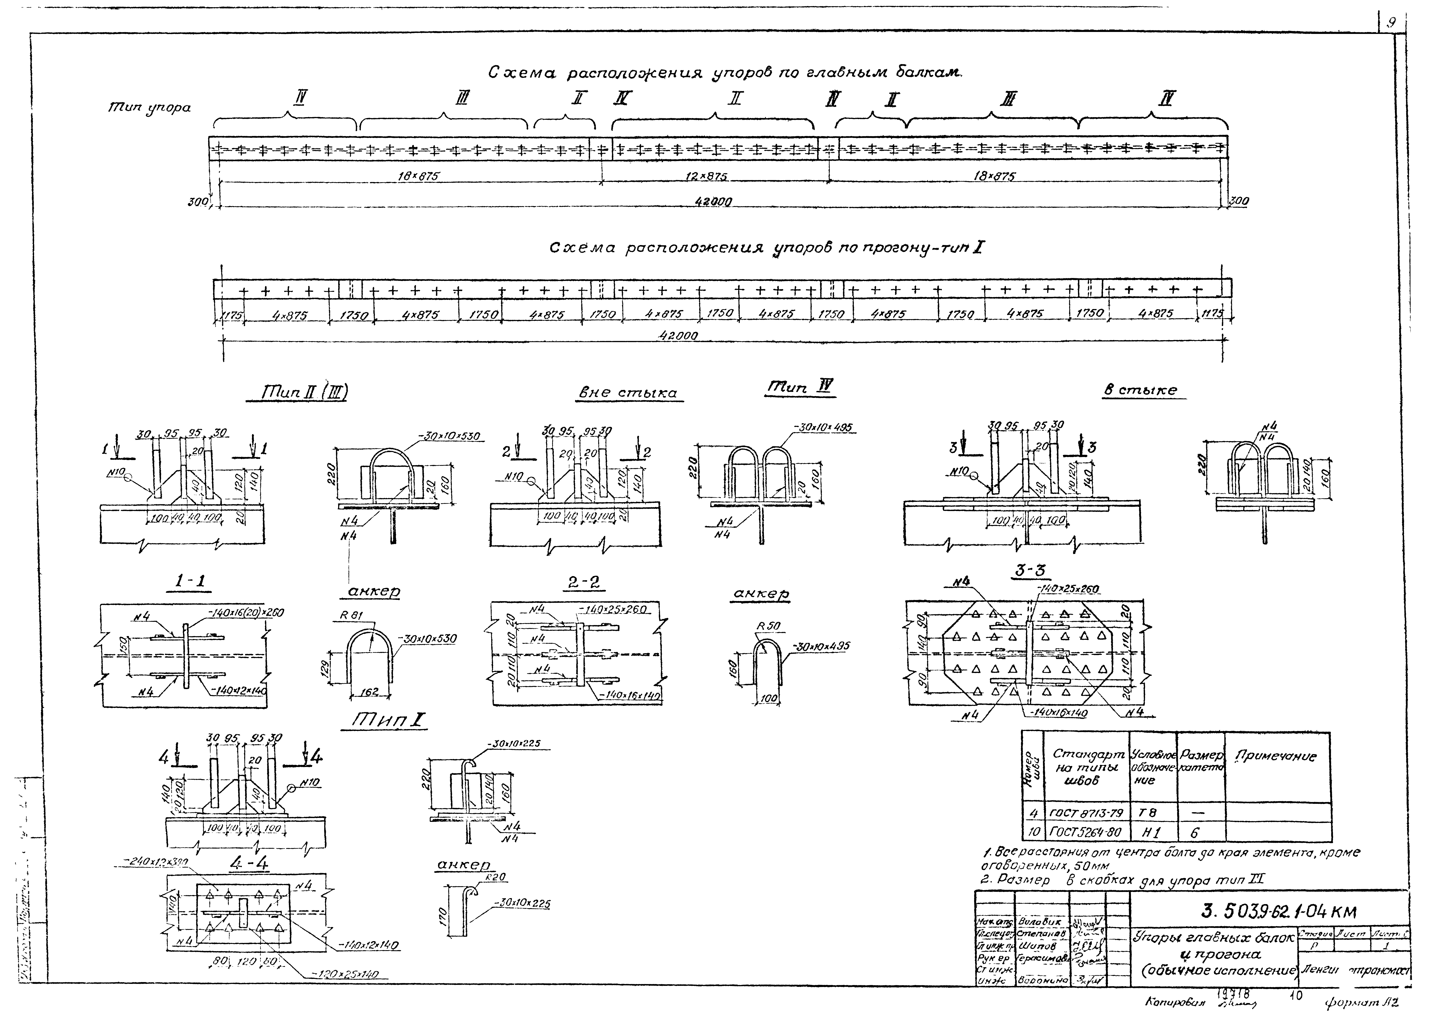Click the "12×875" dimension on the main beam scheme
[706, 177]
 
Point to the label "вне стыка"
[628, 393]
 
